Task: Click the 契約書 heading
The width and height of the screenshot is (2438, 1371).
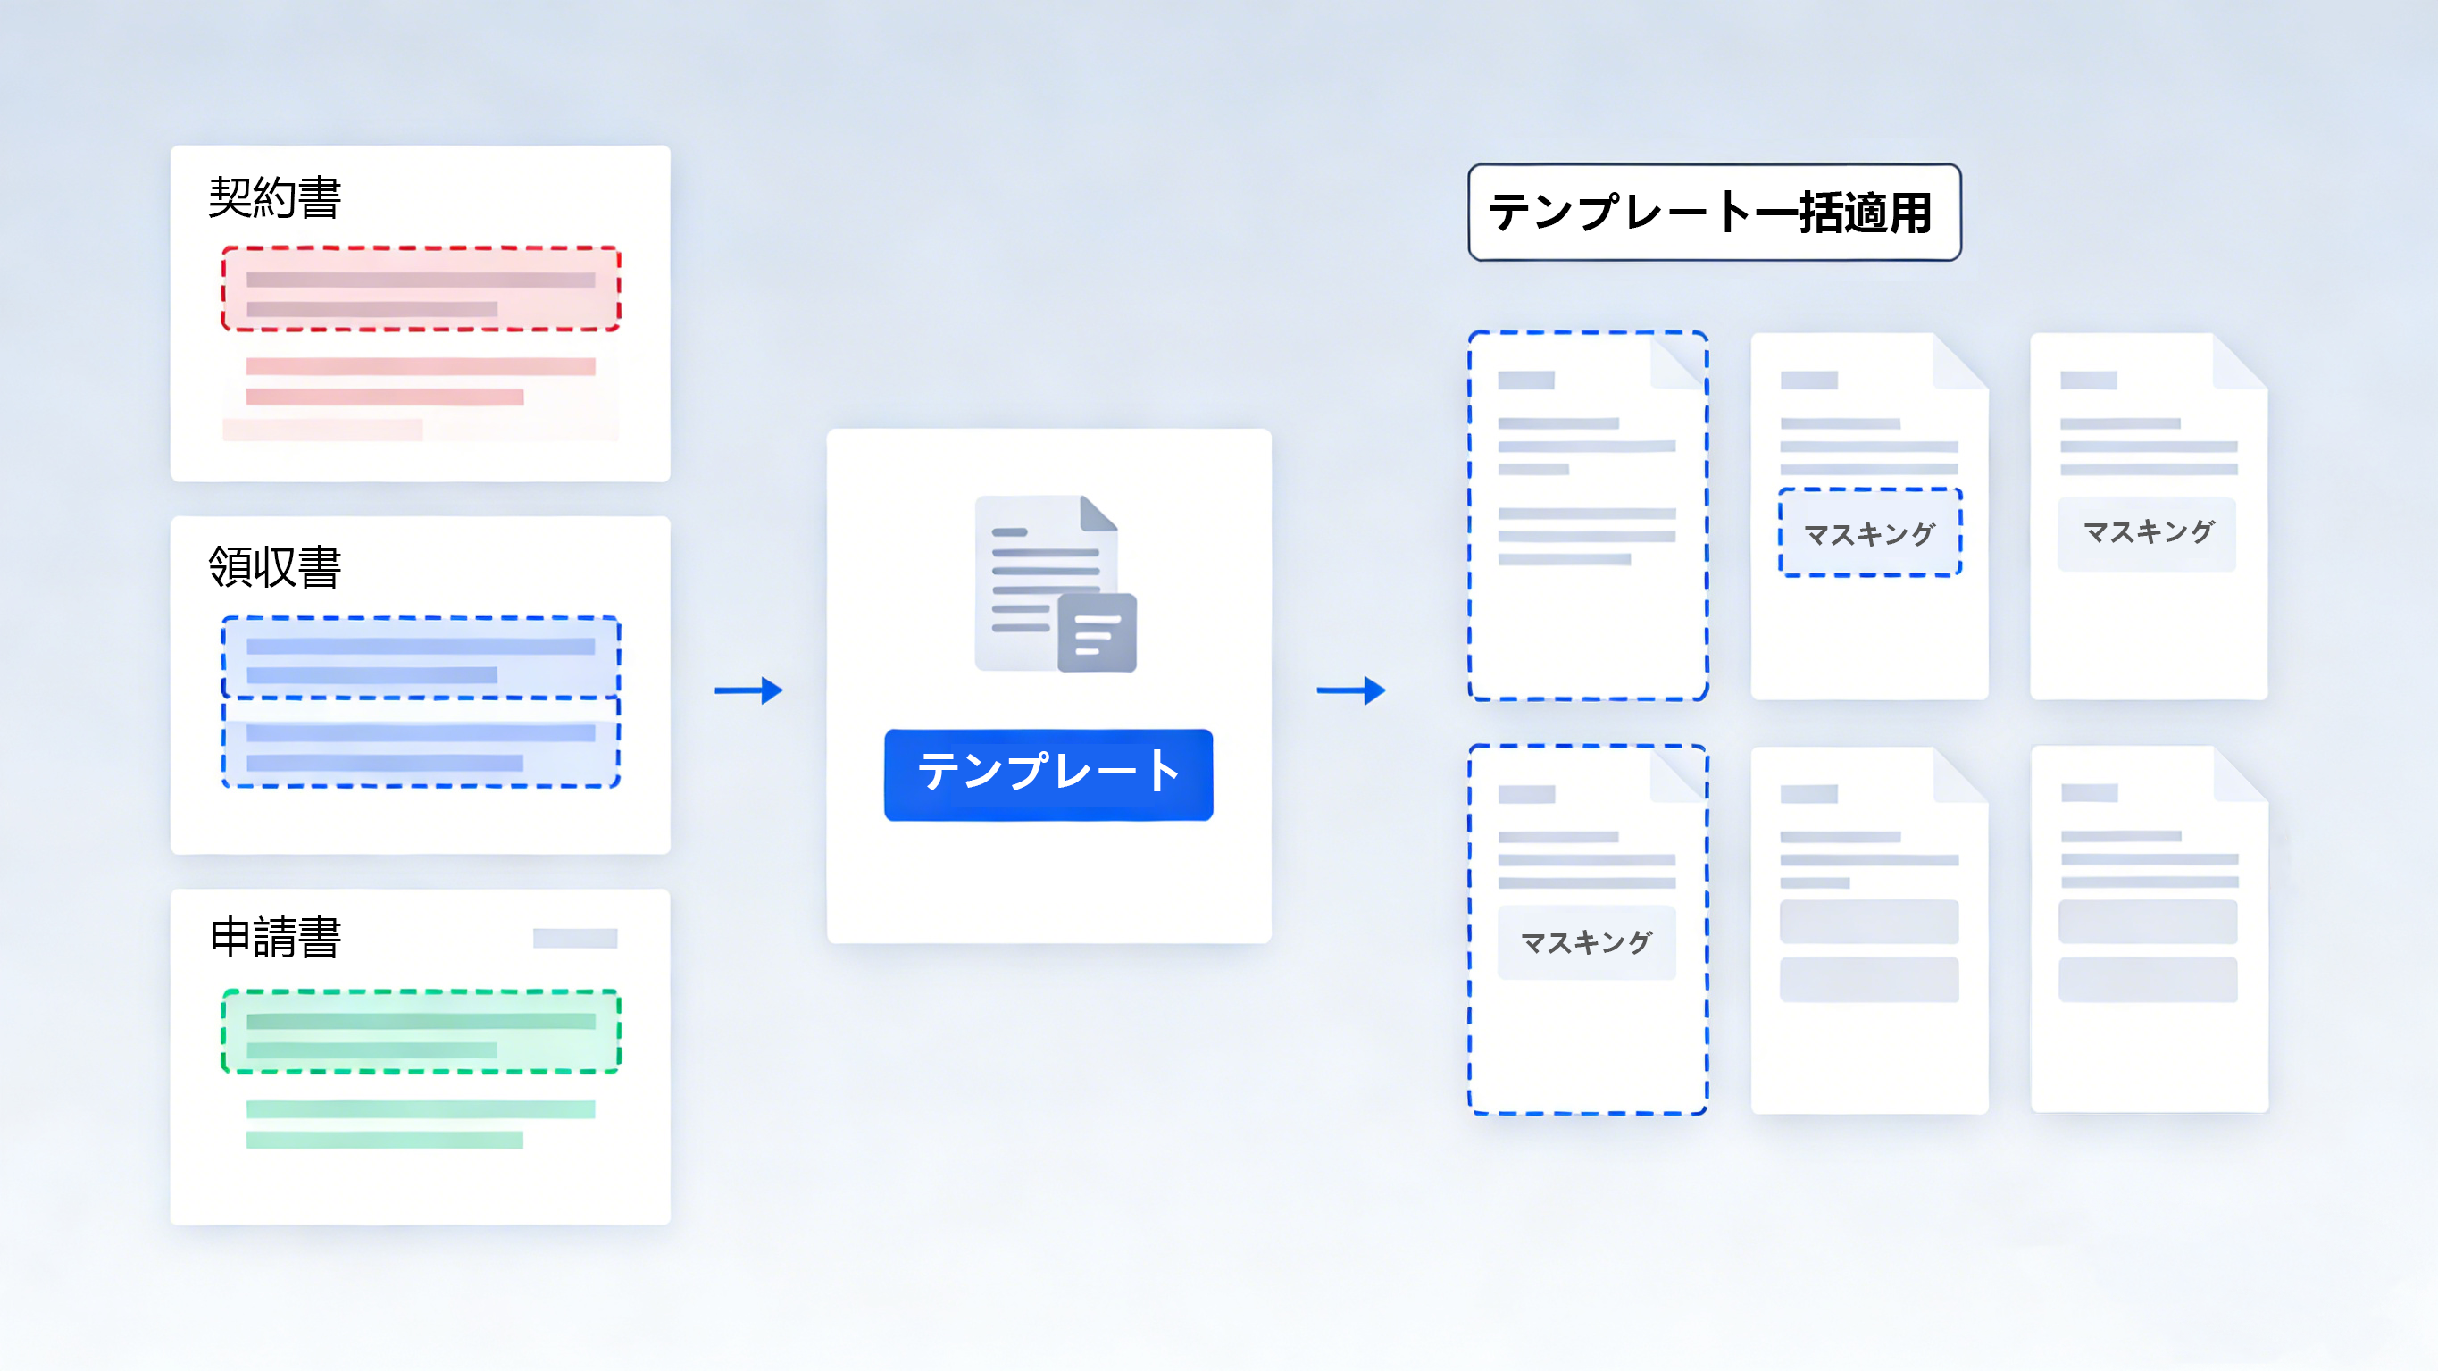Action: [274, 198]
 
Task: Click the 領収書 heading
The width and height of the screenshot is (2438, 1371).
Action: [274, 567]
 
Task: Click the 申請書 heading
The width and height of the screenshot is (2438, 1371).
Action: [274, 937]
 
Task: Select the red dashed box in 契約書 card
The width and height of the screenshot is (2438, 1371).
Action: [422, 288]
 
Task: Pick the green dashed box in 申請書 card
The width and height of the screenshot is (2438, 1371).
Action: [422, 1031]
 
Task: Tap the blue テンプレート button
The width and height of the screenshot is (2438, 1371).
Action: [1048, 774]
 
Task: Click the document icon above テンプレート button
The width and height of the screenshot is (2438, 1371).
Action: [1056, 583]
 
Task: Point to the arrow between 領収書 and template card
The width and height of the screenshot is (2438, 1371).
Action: [748, 690]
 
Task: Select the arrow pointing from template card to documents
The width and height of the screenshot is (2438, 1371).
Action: [1351, 690]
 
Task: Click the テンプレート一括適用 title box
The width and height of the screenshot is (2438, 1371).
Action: [1714, 212]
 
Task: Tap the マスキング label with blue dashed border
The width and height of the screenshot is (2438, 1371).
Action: [1870, 533]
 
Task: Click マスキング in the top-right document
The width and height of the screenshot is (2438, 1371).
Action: [2149, 532]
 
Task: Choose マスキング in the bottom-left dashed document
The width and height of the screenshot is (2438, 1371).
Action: [1586, 942]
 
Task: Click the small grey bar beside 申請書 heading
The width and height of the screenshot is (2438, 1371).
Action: [575, 939]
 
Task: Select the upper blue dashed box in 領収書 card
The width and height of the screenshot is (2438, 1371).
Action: [422, 658]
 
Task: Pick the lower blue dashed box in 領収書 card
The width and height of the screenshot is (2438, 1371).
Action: [422, 743]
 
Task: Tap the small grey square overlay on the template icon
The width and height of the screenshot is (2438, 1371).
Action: [1097, 632]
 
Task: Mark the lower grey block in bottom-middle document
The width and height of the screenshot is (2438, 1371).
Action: [1869, 980]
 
